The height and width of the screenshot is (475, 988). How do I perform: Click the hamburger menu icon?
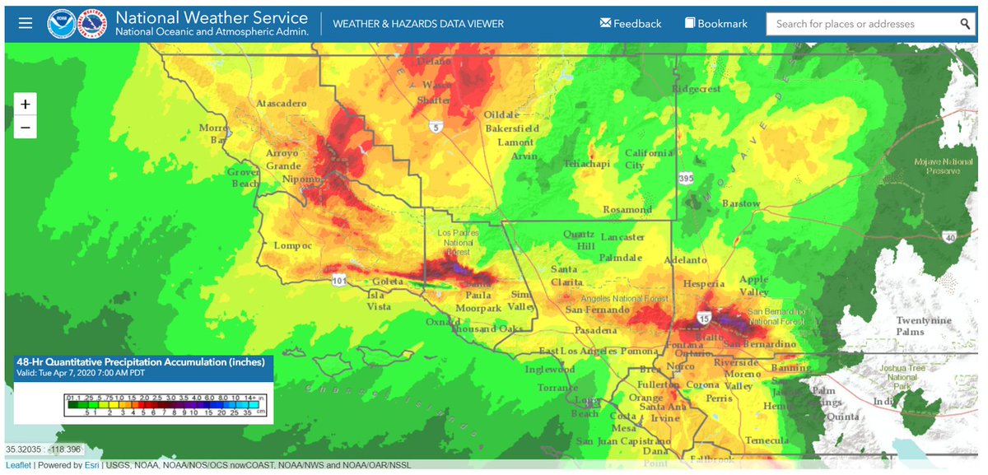click(26, 23)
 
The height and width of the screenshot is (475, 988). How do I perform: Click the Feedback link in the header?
click(631, 23)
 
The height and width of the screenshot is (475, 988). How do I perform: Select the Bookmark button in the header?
click(716, 23)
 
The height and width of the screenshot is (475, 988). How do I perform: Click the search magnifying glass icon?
click(965, 24)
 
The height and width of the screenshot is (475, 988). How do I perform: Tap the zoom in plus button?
click(26, 105)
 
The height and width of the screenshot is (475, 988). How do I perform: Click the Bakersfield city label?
click(511, 128)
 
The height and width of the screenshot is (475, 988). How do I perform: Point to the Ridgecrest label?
click(696, 89)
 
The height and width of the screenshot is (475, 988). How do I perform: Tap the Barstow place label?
click(740, 203)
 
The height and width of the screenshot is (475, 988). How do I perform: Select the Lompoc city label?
click(293, 245)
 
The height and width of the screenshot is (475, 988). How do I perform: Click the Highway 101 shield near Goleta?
click(338, 281)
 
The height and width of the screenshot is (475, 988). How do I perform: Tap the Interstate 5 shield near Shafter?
click(433, 127)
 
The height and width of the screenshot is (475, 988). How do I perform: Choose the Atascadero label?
click(282, 104)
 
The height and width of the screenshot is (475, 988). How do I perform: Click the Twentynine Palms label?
click(924, 326)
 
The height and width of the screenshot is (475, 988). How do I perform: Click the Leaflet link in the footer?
click(18, 465)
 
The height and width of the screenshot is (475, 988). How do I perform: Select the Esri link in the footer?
click(91, 465)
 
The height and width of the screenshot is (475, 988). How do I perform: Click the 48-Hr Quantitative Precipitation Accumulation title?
click(140, 361)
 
